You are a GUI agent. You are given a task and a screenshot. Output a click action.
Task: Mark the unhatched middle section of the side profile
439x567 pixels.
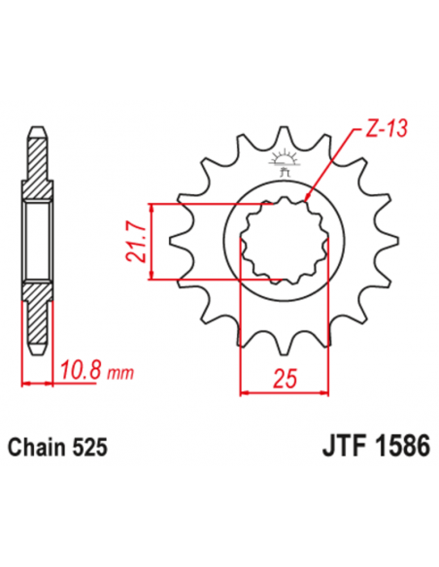[36, 242]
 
